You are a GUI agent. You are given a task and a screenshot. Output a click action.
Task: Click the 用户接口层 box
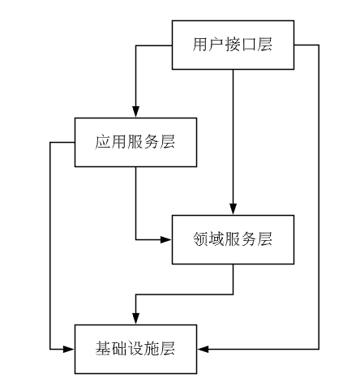(233, 45)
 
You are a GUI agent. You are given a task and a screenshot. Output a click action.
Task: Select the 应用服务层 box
(135, 143)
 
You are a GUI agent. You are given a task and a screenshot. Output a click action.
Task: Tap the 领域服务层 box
(233, 239)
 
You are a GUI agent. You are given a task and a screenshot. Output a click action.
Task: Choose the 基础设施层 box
(135, 349)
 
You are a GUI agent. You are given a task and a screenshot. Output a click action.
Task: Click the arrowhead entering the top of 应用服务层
(135, 113)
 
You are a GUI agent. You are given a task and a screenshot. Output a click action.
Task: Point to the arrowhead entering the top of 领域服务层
(233, 209)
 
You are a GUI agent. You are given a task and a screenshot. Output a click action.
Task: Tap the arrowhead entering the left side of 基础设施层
(69, 349)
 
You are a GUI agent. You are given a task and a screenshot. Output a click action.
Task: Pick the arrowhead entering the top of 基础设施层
(135, 319)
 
